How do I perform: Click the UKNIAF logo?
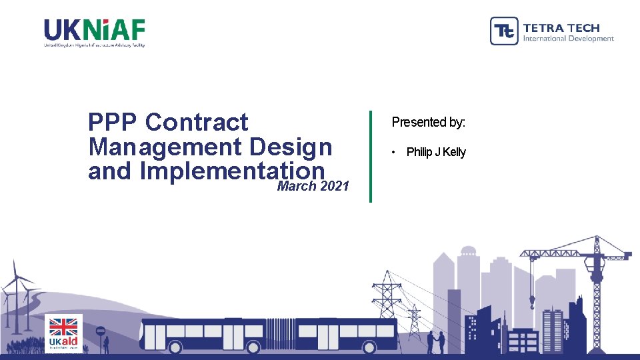[94, 32]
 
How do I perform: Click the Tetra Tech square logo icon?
[504, 31]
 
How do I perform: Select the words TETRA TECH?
[561, 27]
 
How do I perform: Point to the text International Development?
[568, 39]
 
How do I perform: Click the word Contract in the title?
[197, 122]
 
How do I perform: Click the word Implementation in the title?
[232, 171]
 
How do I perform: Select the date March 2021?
[313, 187]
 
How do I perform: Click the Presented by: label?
[429, 122]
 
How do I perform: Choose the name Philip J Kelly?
[436, 152]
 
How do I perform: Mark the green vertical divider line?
[371, 156]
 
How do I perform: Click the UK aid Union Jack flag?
[64, 326]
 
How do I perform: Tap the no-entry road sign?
[101, 331]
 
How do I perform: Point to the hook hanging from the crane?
[532, 303]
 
